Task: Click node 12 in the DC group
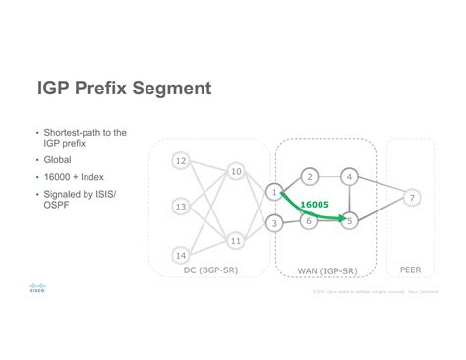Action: click(180, 160)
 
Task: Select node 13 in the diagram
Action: click(180, 207)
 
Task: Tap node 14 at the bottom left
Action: click(180, 254)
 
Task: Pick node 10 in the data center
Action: click(236, 172)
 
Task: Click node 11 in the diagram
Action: click(236, 239)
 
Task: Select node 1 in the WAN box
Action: click(274, 191)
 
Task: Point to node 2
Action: click(309, 177)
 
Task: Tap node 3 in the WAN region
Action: click(274, 224)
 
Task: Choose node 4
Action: click(349, 177)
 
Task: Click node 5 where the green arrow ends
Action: click(349, 222)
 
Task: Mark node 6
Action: click(309, 222)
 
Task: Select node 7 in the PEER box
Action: click(413, 198)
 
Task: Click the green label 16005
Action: click(315, 205)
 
